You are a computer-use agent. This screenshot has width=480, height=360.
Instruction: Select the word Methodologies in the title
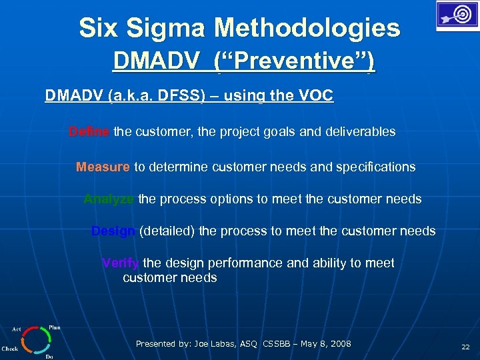[307, 29]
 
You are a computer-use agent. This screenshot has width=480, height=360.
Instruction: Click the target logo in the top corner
[457, 15]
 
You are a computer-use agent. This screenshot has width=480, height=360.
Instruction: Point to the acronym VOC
[316, 96]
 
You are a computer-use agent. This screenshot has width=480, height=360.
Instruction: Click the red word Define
[89, 132]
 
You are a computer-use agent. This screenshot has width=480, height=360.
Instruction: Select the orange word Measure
[103, 167]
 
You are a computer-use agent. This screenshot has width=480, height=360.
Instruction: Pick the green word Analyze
[109, 199]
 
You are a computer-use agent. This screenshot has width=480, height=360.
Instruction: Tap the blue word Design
[113, 231]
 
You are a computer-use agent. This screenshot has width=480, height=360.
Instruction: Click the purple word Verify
[121, 263]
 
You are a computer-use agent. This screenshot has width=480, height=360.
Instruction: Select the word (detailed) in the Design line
[167, 231]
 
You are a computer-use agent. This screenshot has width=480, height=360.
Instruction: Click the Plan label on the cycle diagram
[55, 327]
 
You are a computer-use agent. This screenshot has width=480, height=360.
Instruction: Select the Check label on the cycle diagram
[9, 349]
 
